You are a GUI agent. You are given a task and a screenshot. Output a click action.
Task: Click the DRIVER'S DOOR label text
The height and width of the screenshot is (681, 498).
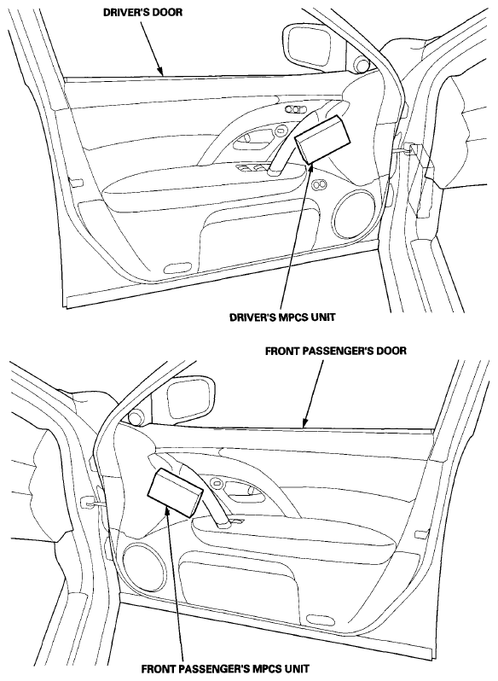click(x=142, y=12)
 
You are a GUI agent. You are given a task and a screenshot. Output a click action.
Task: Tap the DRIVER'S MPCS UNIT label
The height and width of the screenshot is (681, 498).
click(x=282, y=317)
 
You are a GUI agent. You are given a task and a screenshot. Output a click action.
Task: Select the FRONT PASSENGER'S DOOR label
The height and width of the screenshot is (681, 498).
click(x=336, y=351)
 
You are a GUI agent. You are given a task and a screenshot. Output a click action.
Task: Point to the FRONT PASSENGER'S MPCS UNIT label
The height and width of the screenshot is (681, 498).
click(x=226, y=668)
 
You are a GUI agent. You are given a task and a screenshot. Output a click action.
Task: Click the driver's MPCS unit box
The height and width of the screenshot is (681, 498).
click(x=320, y=139)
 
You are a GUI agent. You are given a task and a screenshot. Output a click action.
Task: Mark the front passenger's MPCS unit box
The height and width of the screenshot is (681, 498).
click(x=176, y=492)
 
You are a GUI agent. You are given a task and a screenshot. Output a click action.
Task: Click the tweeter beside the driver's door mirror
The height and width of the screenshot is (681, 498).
click(x=362, y=63)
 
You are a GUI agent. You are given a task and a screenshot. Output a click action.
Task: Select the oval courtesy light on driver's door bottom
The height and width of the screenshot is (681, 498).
click(x=179, y=267)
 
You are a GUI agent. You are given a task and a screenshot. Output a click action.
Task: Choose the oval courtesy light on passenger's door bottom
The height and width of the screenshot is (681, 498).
click(x=319, y=618)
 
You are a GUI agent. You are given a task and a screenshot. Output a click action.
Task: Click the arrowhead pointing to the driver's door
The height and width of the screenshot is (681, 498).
click(x=160, y=71)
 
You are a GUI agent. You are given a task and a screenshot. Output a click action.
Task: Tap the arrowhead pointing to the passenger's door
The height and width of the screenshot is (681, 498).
click(x=304, y=423)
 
